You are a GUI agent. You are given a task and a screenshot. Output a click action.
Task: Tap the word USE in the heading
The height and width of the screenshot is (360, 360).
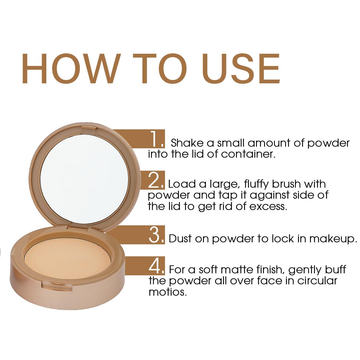click(241, 68)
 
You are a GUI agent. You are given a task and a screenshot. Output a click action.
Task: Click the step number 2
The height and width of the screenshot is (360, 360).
click(155, 180)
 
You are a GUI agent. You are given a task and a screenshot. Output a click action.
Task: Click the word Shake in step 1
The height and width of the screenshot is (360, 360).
click(186, 143)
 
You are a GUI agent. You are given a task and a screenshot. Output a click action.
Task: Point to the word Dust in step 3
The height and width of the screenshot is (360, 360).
click(180, 239)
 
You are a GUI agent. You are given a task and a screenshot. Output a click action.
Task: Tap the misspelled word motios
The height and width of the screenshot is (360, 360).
click(166, 292)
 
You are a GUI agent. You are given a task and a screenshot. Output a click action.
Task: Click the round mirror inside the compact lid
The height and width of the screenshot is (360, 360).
click(84, 179)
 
